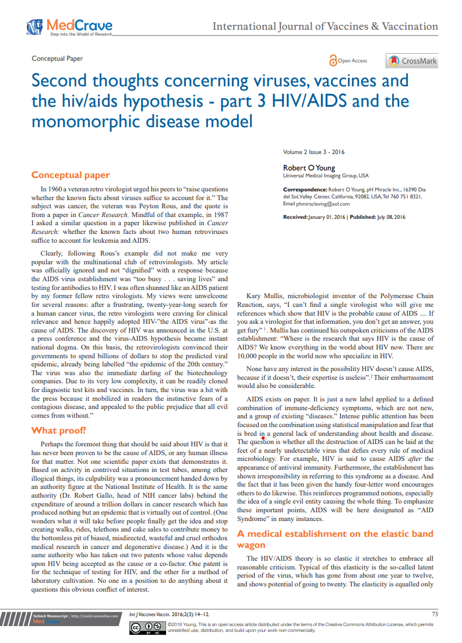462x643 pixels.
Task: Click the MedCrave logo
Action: (69, 27)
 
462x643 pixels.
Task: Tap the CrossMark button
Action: (412, 61)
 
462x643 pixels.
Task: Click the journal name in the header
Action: (325, 26)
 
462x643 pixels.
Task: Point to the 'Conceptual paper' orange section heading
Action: (70, 175)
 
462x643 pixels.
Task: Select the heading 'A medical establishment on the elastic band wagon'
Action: (335, 539)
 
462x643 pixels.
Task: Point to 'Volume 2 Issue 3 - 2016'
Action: (313, 152)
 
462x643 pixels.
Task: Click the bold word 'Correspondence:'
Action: (305, 190)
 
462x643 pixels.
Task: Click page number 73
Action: (434, 613)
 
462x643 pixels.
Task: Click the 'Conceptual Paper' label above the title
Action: (57, 58)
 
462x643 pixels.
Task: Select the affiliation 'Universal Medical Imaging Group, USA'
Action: (326, 176)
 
